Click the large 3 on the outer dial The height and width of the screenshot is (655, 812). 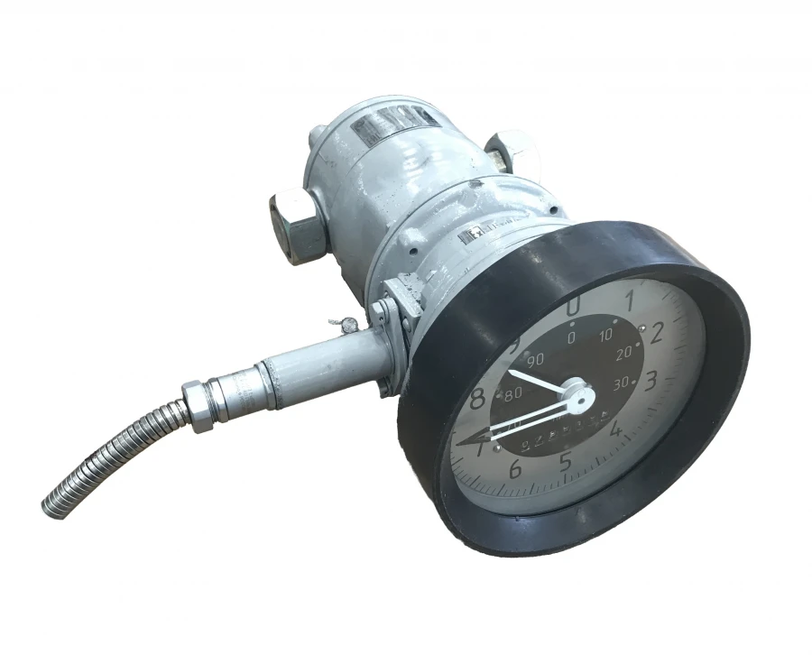click(651, 380)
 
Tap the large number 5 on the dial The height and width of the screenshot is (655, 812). click(566, 461)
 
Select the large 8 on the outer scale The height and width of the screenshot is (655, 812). click(478, 397)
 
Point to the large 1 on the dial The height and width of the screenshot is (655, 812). click(630, 297)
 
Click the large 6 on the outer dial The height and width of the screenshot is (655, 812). click(515, 468)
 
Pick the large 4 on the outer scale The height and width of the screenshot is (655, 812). click(617, 429)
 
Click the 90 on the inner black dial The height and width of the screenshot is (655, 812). click(536, 359)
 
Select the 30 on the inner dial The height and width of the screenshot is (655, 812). click(622, 383)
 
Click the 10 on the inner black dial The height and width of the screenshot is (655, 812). click(605, 335)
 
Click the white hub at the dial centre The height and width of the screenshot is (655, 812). click(578, 393)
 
